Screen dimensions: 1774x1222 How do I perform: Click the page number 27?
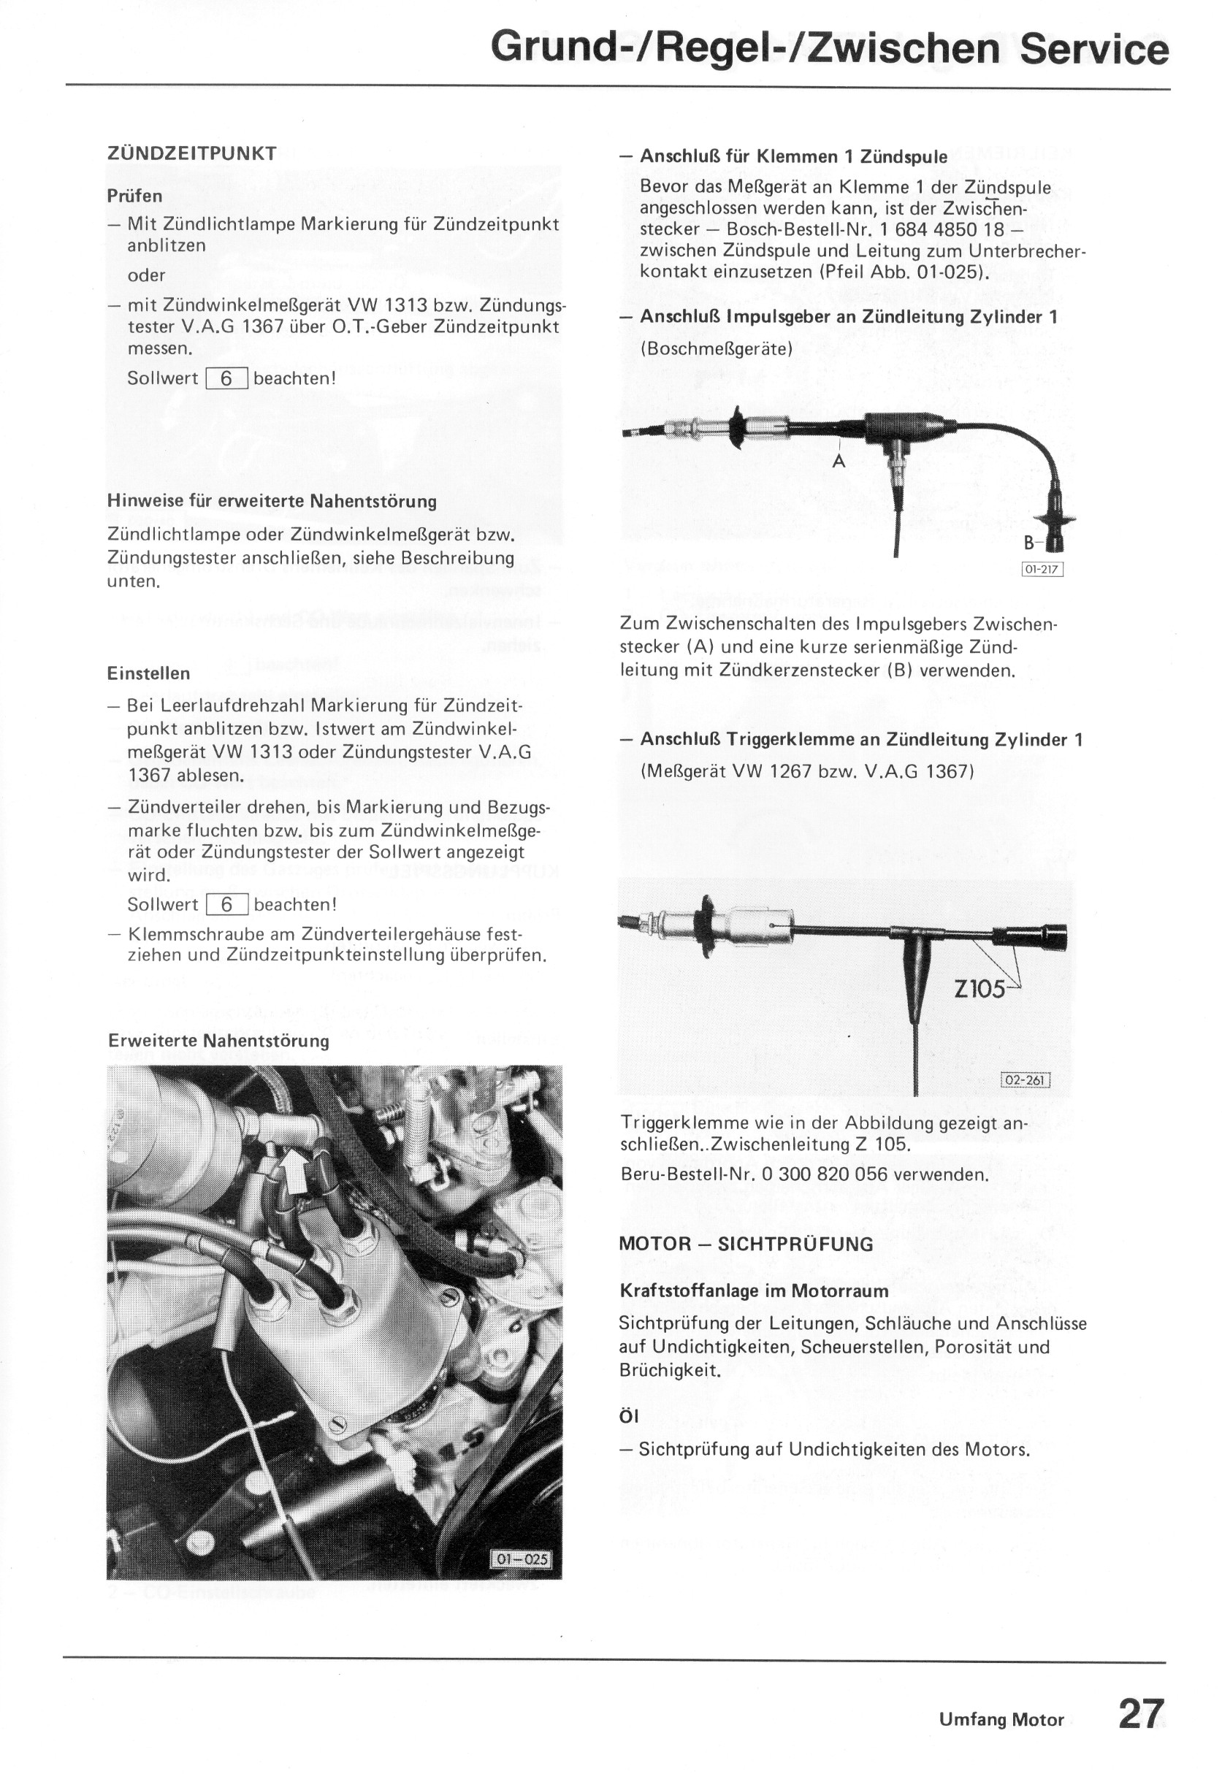(1141, 1713)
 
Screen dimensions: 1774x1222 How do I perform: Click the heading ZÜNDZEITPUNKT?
(191, 153)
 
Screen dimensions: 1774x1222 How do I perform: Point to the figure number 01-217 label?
(1042, 569)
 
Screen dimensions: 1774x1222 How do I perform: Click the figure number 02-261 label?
(1026, 1080)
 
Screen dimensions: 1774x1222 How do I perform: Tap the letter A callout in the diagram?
(839, 461)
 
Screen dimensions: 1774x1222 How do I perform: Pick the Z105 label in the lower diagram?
(979, 989)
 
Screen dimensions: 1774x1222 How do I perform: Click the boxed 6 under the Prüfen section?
(226, 378)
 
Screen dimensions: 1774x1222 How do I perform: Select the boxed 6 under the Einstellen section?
(226, 904)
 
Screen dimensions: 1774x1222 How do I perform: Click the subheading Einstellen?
(148, 674)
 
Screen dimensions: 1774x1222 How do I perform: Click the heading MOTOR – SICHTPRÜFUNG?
(745, 1245)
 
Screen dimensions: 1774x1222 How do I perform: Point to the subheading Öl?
(629, 1417)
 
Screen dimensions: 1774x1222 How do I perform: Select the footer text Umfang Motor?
(1001, 1720)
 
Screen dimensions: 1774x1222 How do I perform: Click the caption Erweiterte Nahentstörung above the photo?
(218, 1041)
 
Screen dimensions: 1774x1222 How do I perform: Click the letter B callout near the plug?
(1030, 543)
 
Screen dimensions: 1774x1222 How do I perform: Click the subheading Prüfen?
(134, 196)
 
